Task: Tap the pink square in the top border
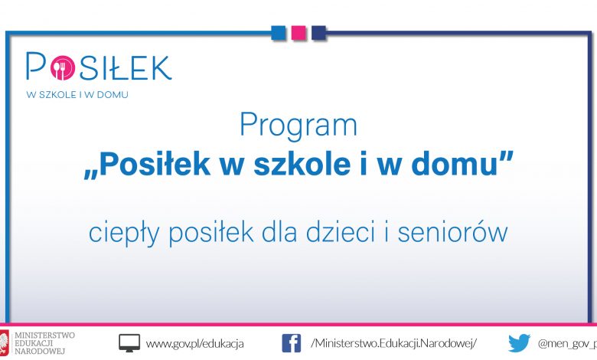(298, 33)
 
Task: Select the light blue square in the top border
(279, 33)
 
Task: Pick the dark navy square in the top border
(318, 33)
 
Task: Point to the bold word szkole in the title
(302, 164)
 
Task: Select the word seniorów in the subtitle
(452, 232)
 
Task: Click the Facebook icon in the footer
(292, 343)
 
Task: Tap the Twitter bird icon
(520, 343)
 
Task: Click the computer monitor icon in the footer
(129, 343)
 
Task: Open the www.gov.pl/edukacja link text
(194, 344)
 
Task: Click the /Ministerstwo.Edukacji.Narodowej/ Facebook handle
(393, 343)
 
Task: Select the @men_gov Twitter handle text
(567, 344)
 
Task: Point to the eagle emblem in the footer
(4, 343)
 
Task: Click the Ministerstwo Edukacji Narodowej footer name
(44, 343)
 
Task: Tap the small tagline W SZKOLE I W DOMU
(77, 95)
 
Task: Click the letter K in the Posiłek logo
(159, 68)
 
